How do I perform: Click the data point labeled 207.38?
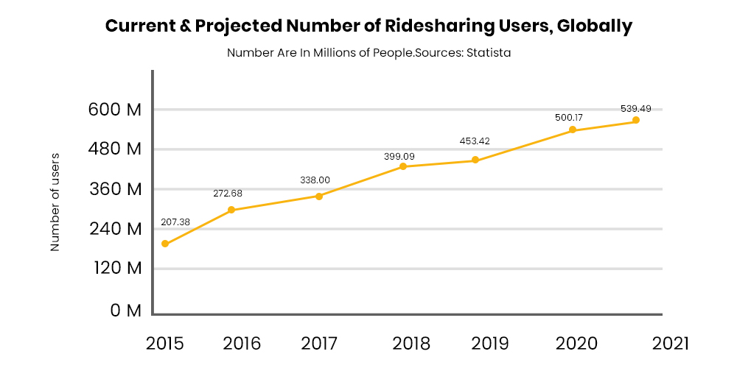(x=165, y=244)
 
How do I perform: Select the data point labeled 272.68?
(x=231, y=210)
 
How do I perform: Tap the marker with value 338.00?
(x=319, y=196)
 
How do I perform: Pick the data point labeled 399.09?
(x=403, y=166)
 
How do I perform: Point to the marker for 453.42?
(x=475, y=160)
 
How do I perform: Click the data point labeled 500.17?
(x=573, y=130)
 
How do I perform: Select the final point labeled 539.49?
(x=636, y=120)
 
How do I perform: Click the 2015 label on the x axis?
(x=165, y=343)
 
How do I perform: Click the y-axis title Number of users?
(x=55, y=202)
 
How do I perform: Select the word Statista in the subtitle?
(x=488, y=53)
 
